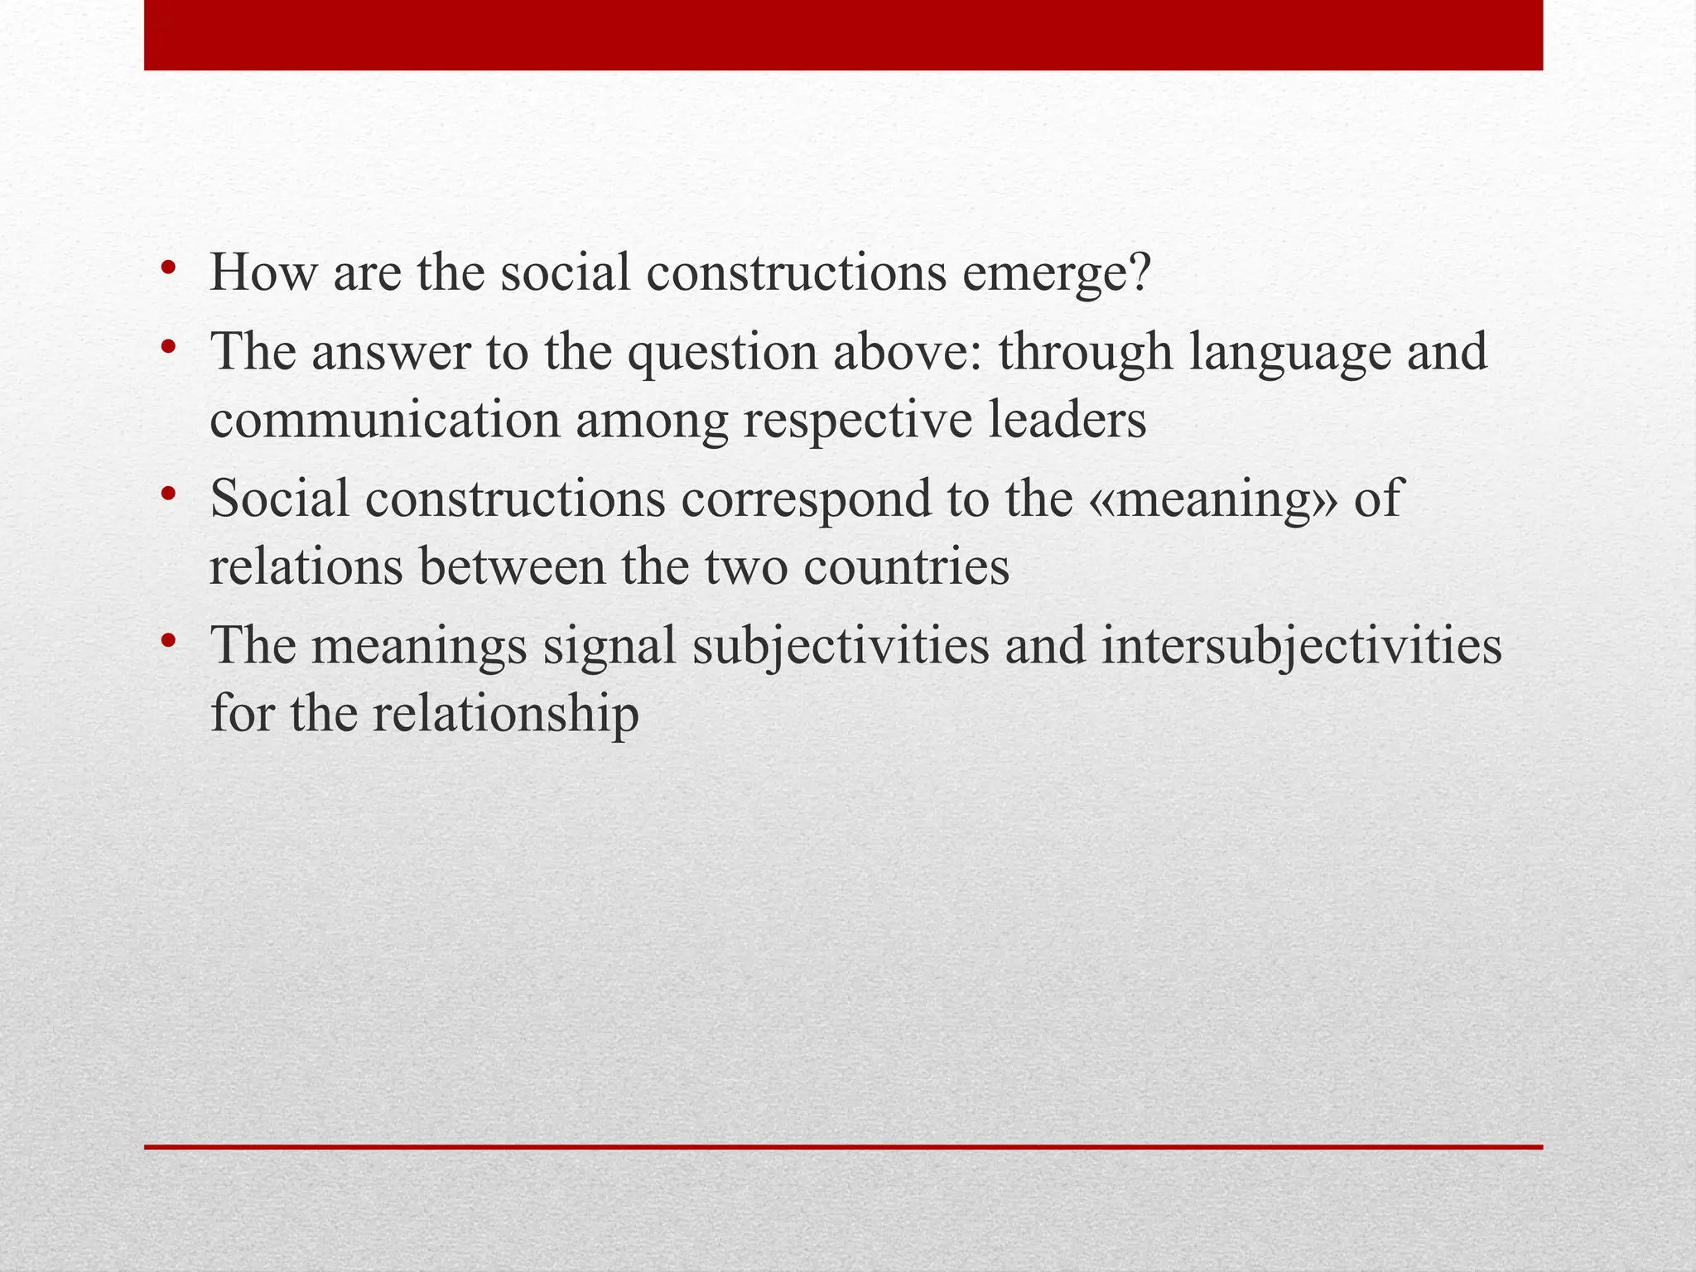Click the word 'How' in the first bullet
tap(263, 272)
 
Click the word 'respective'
tap(857, 421)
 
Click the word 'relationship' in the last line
tap(505, 714)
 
